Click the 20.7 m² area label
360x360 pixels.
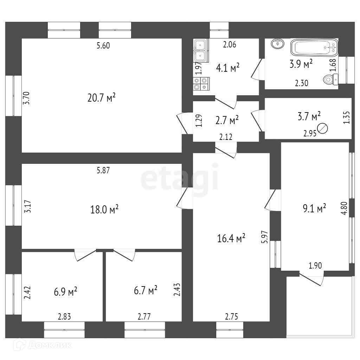point(102,97)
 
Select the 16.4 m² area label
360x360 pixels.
point(231,239)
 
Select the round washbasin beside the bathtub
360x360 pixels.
point(277,44)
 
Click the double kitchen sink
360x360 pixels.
point(200,50)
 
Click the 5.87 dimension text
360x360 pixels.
point(103,171)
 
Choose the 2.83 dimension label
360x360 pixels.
point(65,316)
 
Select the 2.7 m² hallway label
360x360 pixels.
point(227,120)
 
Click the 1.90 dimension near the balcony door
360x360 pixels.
point(315,266)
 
